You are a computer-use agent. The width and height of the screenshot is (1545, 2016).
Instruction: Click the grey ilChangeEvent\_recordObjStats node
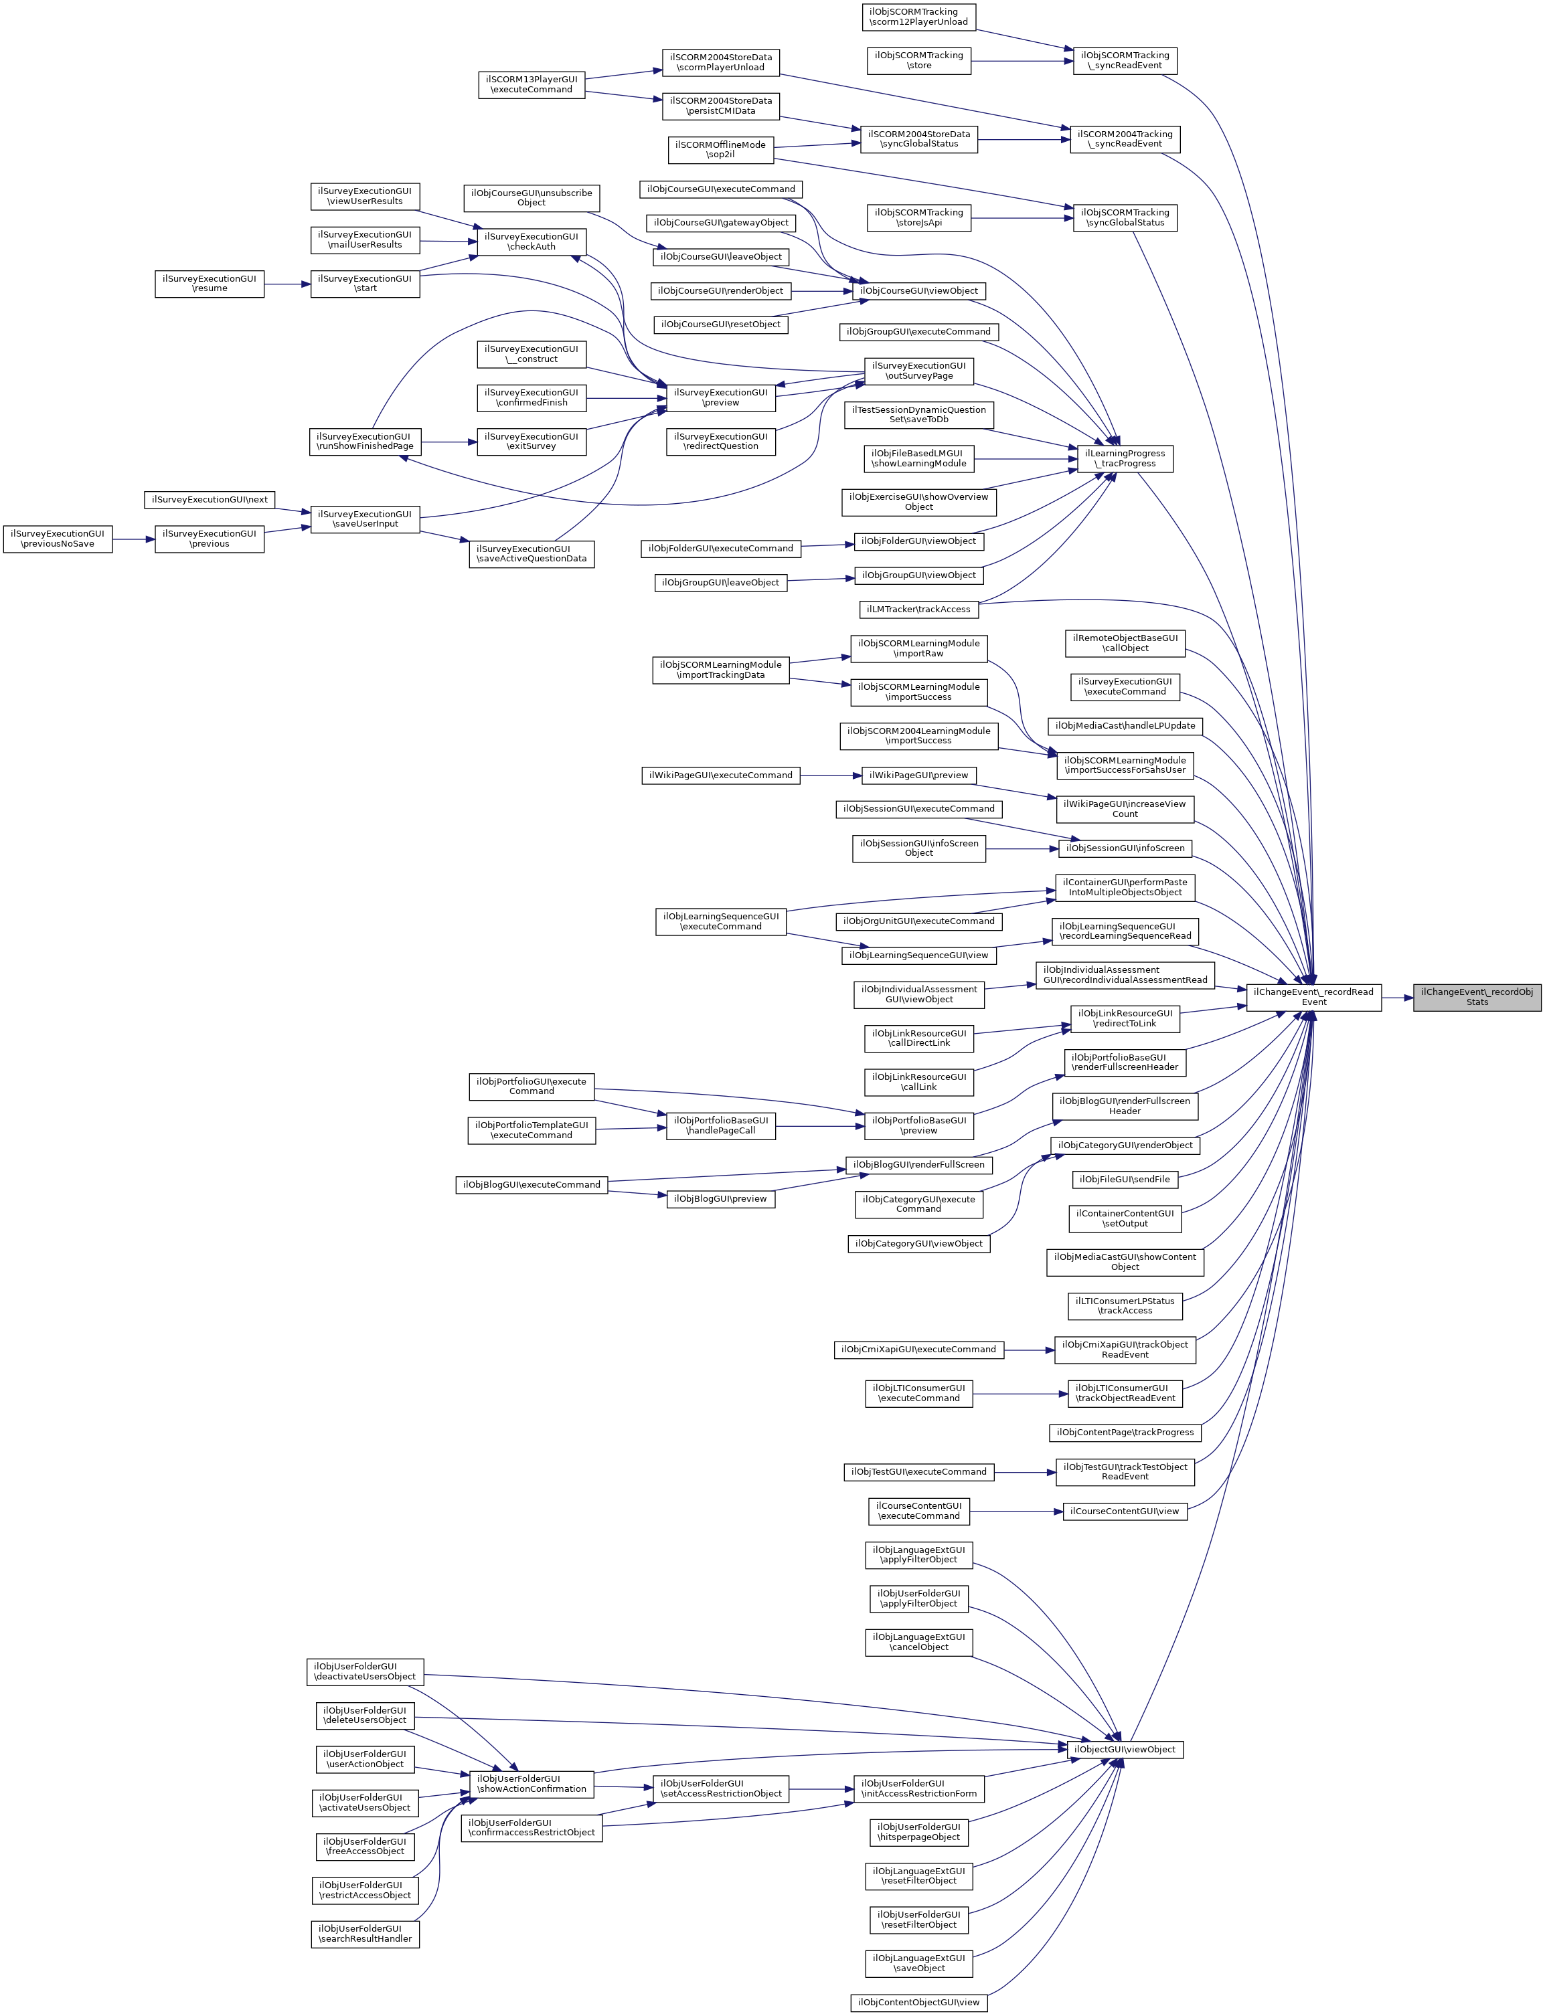coord(1477,996)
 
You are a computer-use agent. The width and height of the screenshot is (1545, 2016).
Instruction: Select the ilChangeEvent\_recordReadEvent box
coord(1313,996)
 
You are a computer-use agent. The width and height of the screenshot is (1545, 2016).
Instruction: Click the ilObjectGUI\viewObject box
coord(1125,1750)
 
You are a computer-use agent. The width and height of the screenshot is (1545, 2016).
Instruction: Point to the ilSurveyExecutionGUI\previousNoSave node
coord(58,539)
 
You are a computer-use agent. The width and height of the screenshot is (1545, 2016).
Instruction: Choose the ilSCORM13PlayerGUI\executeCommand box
coord(532,84)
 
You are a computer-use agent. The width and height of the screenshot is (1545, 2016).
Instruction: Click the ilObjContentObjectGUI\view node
coord(918,2001)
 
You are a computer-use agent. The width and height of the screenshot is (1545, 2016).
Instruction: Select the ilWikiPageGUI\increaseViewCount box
coord(1124,809)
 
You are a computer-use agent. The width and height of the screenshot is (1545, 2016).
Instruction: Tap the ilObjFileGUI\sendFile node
coord(1125,1178)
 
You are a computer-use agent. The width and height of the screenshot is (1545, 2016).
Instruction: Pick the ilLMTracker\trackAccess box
coord(918,609)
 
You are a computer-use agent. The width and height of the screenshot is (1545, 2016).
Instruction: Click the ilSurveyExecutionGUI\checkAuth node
coord(532,242)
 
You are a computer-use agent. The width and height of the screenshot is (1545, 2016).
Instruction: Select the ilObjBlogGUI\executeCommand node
coord(532,1184)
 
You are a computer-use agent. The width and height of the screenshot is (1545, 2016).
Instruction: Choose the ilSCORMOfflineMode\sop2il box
coord(720,149)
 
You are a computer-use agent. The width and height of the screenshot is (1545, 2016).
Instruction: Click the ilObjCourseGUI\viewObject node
coord(918,290)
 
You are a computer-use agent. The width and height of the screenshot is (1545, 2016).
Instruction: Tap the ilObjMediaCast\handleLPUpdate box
coord(1125,725)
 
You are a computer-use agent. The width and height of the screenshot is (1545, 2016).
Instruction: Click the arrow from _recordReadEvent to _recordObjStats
coord(1397,996)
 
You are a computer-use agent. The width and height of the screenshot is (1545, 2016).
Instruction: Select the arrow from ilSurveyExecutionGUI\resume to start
coord(287,284)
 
